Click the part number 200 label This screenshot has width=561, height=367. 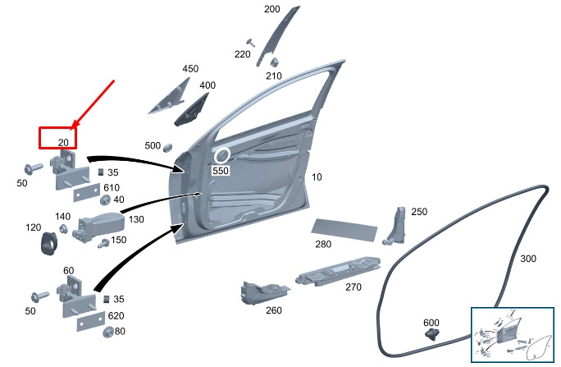[271, 10]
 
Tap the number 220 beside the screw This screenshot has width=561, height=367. [242, 54]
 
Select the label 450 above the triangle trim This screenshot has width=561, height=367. [190, 69]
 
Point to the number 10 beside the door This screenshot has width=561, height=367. [317, 177]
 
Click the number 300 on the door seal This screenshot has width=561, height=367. [528, 259]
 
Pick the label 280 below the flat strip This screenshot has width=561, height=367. [323, 244]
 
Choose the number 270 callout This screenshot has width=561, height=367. [353, 287]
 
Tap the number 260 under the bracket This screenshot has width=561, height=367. [273, 310]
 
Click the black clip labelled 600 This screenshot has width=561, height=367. [433, 333]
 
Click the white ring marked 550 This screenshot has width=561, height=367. [221, 154]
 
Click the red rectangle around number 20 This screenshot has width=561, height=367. [57, 137]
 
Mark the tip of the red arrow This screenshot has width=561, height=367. [74, 127]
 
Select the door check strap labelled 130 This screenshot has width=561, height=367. [100, 223]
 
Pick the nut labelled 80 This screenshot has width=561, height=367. [107, 331]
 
